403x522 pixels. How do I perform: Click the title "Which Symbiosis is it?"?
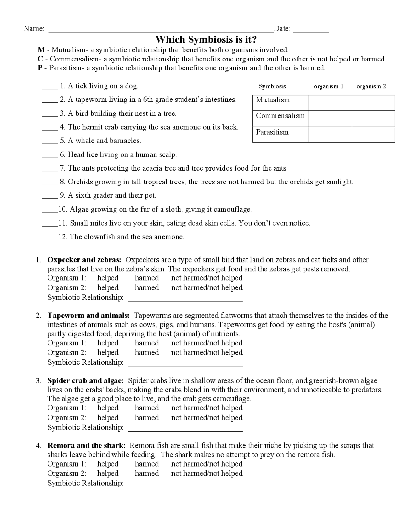click(206, 40)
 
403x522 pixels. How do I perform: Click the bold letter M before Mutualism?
click(41, 50)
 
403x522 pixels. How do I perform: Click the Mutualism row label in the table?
click(273, 100)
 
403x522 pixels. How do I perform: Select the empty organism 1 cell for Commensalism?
click(330, 119)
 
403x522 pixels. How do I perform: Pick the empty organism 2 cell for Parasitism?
click(373, 135)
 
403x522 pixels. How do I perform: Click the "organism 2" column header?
click(371, 86)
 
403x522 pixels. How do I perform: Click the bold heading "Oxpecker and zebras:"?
click(84, 260)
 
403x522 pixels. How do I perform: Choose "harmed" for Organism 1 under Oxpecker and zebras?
click(147, 278)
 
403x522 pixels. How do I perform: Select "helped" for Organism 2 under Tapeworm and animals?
click(108, 352)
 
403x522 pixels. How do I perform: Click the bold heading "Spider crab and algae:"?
click(86, 381)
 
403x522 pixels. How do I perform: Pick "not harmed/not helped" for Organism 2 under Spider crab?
click(207, 418)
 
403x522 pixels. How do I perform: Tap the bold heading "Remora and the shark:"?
click(87, 445)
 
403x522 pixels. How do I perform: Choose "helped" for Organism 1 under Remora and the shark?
click(108, 464)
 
